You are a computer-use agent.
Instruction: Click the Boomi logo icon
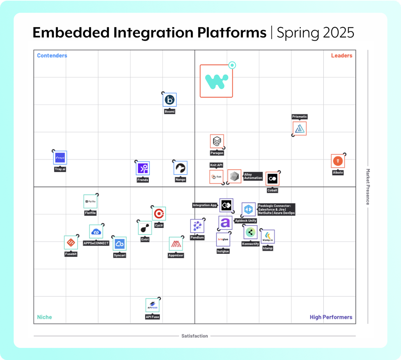[170, 100]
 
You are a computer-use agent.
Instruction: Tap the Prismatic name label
[300, 117]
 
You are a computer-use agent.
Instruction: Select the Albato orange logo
[338, 161]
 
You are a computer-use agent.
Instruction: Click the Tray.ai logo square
[60, 158]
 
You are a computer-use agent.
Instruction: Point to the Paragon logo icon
[217, 141]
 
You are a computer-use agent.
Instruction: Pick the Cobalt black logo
[272, 179]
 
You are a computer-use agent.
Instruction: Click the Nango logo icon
[180, 168]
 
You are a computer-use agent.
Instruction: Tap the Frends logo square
[143, 168]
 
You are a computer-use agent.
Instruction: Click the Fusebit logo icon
[71, 243]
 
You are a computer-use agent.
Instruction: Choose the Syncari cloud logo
[120, 244]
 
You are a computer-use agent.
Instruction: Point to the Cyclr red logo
[158, 214]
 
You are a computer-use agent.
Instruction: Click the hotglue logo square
[223, 240]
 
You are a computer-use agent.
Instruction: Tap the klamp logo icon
[268, 237]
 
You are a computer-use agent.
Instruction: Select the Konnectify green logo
[250, 232]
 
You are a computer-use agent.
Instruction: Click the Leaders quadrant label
[341, 55]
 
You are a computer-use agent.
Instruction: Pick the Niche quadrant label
[45, 317]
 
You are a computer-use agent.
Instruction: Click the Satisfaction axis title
[194, 336]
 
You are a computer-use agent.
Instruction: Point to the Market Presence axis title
[368, 187]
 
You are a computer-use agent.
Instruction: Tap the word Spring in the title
[297, 32]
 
